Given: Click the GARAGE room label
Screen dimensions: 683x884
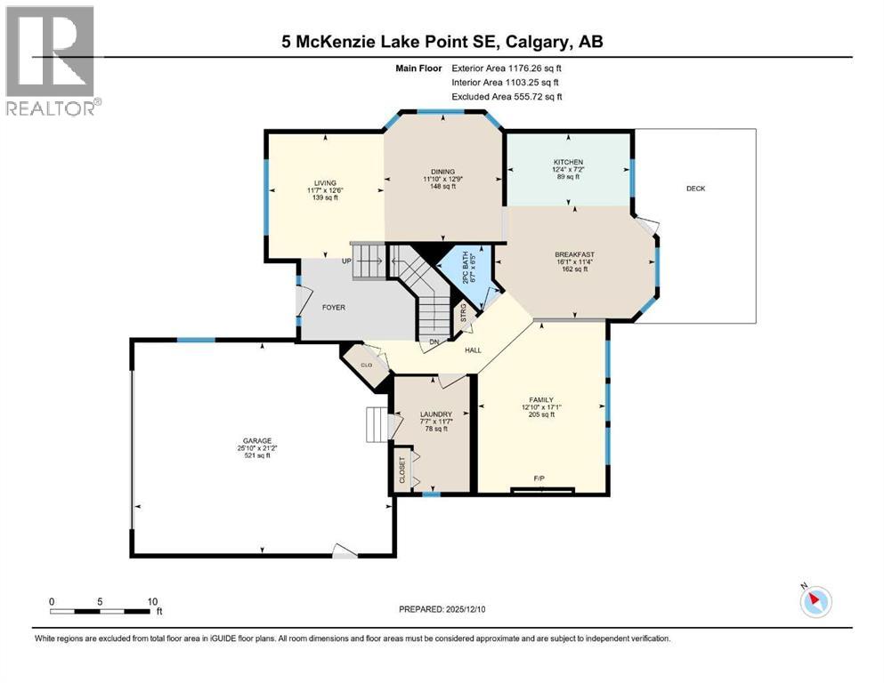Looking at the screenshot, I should (260, 440).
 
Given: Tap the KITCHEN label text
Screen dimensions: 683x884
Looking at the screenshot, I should (568, 162).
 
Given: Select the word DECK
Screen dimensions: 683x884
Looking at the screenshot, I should (695, 189).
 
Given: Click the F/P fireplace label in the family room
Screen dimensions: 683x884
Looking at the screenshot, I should (539, 479).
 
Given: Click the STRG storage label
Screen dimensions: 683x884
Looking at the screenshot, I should (464, 313).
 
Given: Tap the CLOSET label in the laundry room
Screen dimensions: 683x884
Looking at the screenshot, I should (402, 468).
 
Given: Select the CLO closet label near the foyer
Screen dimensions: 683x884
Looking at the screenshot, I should (366, 363).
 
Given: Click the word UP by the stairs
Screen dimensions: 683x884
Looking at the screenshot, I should (346, 261).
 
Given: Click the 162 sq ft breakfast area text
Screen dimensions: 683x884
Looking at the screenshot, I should (574, 269).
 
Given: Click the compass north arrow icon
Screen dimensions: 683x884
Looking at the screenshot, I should (815, 602).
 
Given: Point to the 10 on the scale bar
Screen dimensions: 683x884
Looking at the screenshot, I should (151, 601).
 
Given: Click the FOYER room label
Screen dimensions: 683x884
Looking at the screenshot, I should (334, 308).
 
